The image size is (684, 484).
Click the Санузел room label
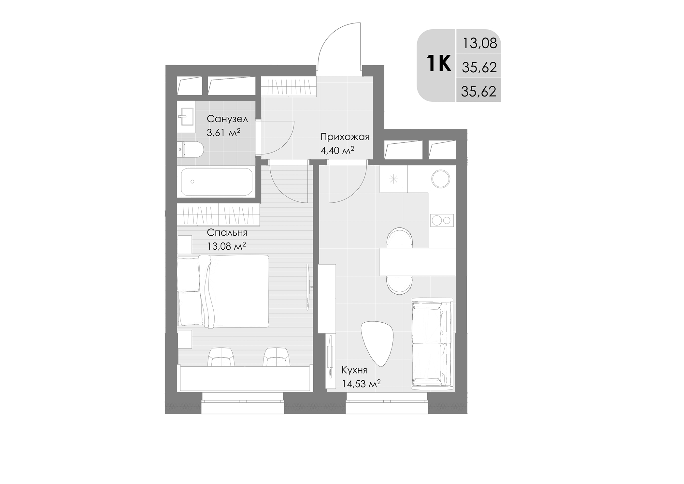[x=227, y=119]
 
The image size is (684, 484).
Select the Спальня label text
[x=227, y=233]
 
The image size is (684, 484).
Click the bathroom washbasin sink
[x=186, y=117]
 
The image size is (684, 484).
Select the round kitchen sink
[x=440, y=179]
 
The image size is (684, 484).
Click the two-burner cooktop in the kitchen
[x=442, y=220]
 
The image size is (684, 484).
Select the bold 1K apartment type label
[x=439, y=64]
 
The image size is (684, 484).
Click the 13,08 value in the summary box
[x=480, y=43]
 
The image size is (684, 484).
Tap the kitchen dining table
[x=417, y=262]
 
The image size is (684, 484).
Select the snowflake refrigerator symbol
[x=393, y=179]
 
